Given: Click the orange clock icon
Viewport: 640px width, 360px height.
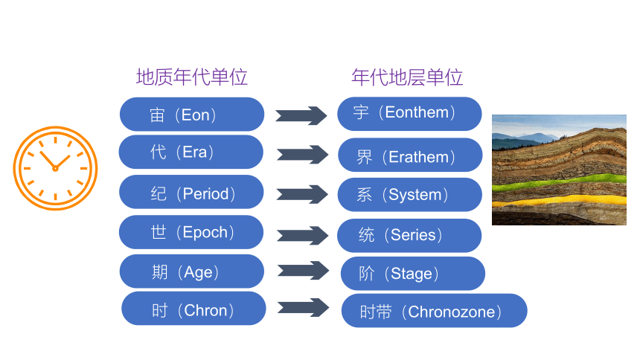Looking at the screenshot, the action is click(56, 168).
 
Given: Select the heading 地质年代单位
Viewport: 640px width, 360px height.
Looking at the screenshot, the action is click(192, 77).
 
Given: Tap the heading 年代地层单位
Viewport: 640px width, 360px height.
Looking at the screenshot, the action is click(407, 77).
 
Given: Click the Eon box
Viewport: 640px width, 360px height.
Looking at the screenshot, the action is click(192, 115).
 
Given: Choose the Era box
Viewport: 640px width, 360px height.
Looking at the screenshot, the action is click(191, 152).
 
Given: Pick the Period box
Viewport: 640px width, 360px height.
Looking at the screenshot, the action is click(191, 192).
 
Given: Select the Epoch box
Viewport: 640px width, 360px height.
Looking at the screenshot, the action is click(191, 232).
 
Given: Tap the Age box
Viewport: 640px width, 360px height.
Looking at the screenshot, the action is click(192, 271).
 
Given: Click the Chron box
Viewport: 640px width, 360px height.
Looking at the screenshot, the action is click(194, 309).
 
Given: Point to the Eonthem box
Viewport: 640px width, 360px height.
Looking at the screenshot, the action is click(409, 114).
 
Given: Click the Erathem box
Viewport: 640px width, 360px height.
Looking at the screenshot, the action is click(410, 155).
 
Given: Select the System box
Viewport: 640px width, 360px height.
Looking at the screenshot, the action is click(410, 195).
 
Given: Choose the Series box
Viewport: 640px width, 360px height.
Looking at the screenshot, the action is click(409, 236).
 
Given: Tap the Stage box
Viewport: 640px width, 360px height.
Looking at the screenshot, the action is click(413, 274).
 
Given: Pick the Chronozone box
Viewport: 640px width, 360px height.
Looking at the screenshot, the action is click(435, 311).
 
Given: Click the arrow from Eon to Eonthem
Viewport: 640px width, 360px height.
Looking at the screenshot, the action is click(301, 115).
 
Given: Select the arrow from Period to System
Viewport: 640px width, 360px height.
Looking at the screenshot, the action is click(302, 194).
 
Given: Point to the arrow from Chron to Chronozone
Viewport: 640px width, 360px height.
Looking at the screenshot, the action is click(304, 307).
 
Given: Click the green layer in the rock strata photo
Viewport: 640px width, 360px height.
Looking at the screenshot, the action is click(559, 182).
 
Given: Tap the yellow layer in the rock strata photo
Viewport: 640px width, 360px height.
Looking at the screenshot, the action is click(559, 200).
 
